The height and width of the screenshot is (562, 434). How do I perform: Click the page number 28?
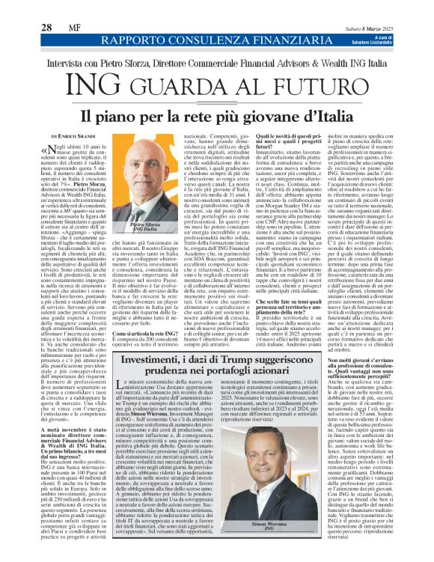[x=46, y=7]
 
